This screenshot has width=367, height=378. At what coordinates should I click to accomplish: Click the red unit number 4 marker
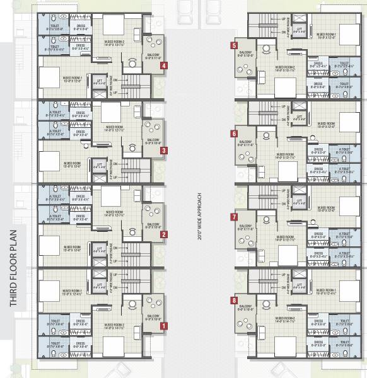[164, 66]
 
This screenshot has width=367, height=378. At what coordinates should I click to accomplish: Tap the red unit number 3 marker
[164, 151]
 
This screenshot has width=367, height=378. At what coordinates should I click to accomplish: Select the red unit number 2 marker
[164, 235]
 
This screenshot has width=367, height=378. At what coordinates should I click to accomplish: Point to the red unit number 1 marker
[164, 326]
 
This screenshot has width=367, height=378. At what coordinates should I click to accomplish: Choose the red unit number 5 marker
[234, 46]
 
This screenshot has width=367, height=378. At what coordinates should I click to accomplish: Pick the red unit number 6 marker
[234, 134]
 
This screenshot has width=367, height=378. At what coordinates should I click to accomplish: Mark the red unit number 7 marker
[234, 217]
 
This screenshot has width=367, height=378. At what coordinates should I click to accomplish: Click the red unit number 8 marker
[234, 301]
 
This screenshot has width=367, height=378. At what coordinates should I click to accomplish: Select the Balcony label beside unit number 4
[153, 56]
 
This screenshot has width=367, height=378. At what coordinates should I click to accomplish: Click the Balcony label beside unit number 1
[153, 317]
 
